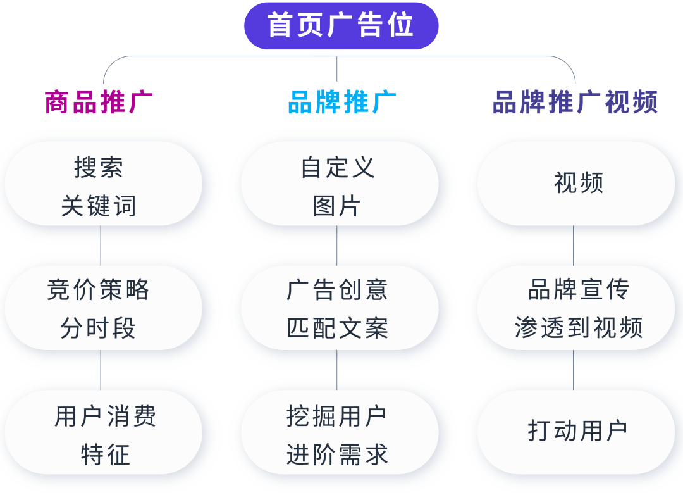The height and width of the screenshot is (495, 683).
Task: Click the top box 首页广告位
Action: (x=341, y=26)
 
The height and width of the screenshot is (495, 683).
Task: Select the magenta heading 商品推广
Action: (x=99, y=102)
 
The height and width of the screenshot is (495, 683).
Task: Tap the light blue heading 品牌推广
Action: (x=341, y=102)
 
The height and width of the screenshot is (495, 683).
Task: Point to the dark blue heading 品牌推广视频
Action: (x=575, y=102)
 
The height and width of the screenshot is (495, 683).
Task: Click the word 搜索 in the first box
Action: (x=99, y=168)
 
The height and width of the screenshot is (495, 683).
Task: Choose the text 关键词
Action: (x=99, y=206)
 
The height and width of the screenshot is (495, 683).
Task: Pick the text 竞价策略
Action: (x=99, y=290)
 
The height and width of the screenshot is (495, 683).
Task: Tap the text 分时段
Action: (x=99, y=328)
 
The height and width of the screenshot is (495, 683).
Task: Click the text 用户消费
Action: (x=105, y=417)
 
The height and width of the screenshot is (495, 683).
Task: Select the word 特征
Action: (x=105, y=454)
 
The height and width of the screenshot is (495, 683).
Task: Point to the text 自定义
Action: (x=338, y=168)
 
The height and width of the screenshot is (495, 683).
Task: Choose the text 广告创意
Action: (x=337, y=290)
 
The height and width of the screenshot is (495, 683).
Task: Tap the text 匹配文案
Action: (x=337, y=328)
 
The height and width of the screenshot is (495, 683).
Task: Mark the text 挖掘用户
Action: (x=336, y=417)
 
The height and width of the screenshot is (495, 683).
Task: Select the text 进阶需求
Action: (x=337, y=454)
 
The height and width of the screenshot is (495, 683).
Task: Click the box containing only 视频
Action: (x=578, y=183)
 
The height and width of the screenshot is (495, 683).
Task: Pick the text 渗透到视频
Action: (x=578, y=328)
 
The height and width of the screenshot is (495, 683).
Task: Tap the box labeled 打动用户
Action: (x=577, y=430)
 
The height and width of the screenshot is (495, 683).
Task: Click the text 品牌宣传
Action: (x=578, y=290)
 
